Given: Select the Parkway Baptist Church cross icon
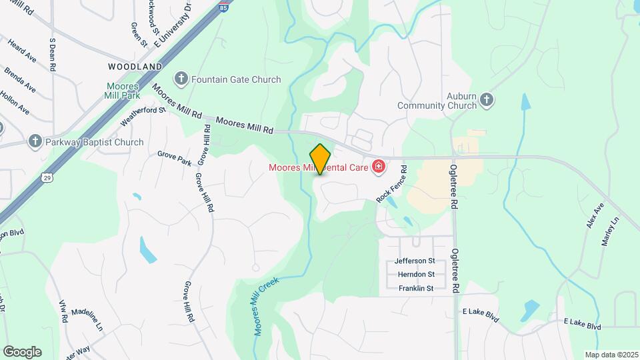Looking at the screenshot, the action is point(35,141).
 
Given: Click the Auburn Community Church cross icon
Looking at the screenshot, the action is point(487,100).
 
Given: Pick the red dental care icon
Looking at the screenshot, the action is point(379,166).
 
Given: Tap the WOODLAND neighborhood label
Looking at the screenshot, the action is point(135,67).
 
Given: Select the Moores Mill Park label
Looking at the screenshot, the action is point(122,91).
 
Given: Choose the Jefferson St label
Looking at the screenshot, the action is point(415,261).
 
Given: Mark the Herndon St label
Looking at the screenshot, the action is point(416,274).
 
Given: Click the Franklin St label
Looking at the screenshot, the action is point(416,288).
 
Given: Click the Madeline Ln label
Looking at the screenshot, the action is point(87,319).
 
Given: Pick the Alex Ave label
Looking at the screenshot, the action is point(595,215).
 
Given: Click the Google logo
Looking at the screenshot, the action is point(22,352).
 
